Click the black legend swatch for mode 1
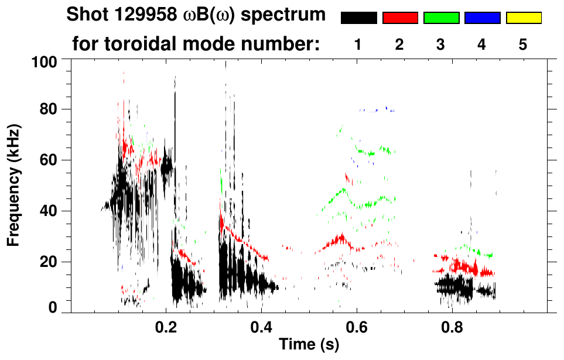pyautogui.click(x=359, y=18)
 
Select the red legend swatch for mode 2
pyautogui.click(x=400, y=18)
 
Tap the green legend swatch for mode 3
pyautogui.click(x=441, y=18)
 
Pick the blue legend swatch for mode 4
pyautogui.click(x=482, y=18)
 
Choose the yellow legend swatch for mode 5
pyautogui.click(x=524, y=18)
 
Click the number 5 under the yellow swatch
pyautogui.click(x=523, y=44)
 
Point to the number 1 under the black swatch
pyautogui.click(x=358, y=44)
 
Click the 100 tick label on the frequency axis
pyautogui.click(x=44, y=61)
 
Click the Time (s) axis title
pyautogui.click(x=309, y=345)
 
